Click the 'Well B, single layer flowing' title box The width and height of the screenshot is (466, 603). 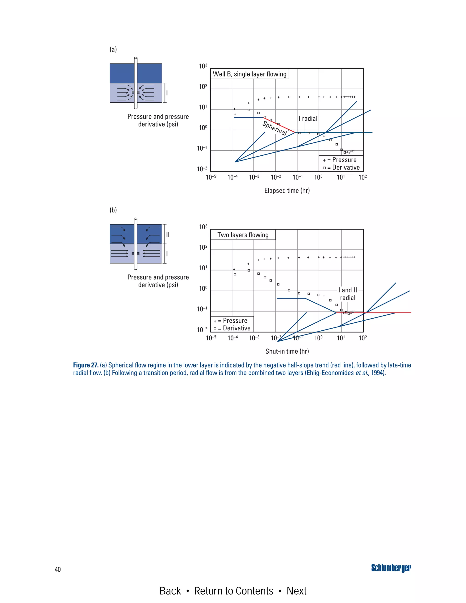tap(250, 74)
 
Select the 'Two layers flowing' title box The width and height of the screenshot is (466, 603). tap(243, 235)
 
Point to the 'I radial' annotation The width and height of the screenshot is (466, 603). tap(308, 119)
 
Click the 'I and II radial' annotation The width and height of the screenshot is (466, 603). tap(348, 294)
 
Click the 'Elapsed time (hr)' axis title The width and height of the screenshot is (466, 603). tap(287, 190)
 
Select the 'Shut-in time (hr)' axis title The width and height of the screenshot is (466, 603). tap(287, 351)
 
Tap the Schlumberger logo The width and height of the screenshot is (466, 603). tap(391, 568)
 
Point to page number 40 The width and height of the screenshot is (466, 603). tap(58, 569)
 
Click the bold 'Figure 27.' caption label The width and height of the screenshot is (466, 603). tap(86, 365)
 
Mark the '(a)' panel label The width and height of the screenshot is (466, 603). tap(113, 49)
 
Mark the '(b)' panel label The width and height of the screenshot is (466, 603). tap(113, 210)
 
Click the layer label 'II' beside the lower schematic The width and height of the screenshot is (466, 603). tap(167, 234)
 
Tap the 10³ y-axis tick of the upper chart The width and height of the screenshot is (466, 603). tap(203, 66)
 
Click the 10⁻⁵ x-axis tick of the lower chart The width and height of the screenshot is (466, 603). tap(211, 338)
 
